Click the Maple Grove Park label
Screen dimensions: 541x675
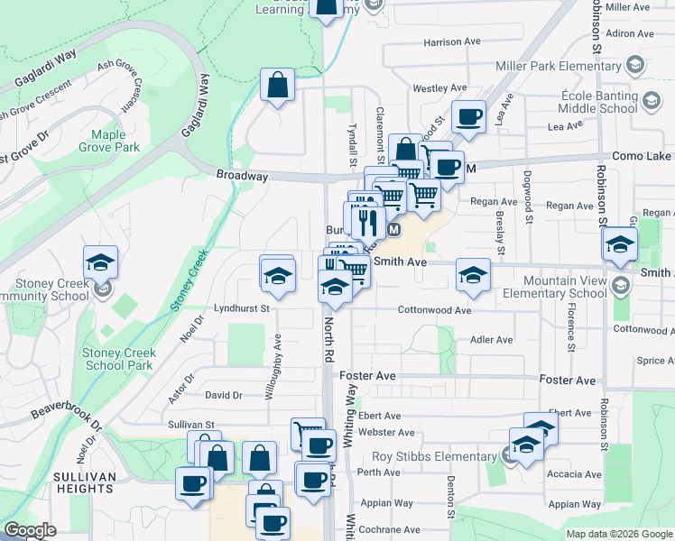(x=108, y=141)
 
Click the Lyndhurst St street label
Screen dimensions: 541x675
(x=242, y=308)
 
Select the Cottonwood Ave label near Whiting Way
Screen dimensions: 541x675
(x=435, y=310)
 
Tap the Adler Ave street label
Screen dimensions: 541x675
(x=492, y=340)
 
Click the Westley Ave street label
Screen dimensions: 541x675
(x=439, y=88)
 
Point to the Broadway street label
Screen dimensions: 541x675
(x=242, y=177)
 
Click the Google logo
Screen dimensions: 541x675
(x=30, y=530)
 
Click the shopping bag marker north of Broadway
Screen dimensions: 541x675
(x=277, y=87)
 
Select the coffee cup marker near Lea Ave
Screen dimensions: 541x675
(x=469, y=116)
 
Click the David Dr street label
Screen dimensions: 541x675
(x=224, y=395)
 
